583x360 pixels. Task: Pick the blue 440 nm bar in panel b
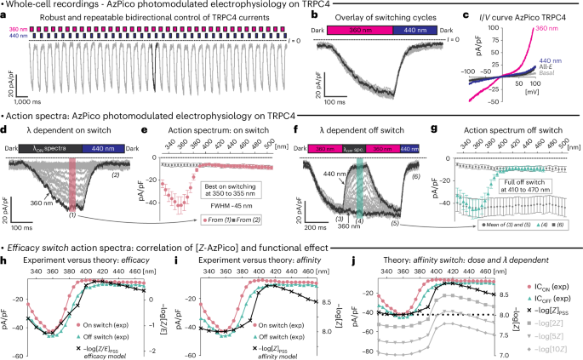[414, 29]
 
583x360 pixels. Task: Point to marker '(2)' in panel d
[115, 174]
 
